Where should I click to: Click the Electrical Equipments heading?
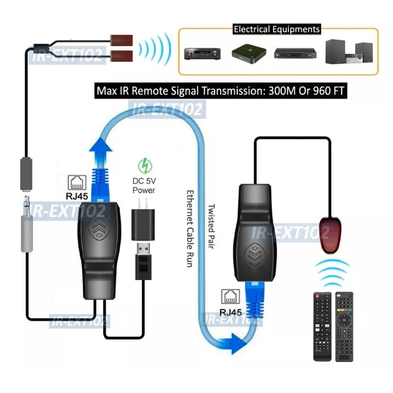coord(277,29)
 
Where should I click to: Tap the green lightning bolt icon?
coord(144,164)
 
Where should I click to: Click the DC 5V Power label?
coord(143,186)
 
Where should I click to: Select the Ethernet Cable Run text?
coord(190,228)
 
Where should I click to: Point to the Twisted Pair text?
coord(212,226)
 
